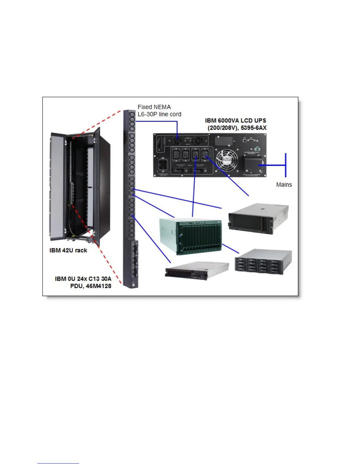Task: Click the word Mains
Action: (284, 185)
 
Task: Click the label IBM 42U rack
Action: (68, 250)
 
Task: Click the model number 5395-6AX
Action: (254, 128)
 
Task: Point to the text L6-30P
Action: (147, 114)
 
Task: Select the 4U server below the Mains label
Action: (258, 218)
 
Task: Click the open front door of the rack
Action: (57, 185)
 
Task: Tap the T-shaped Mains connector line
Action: (285, 165)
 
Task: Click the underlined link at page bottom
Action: (58, 463)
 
